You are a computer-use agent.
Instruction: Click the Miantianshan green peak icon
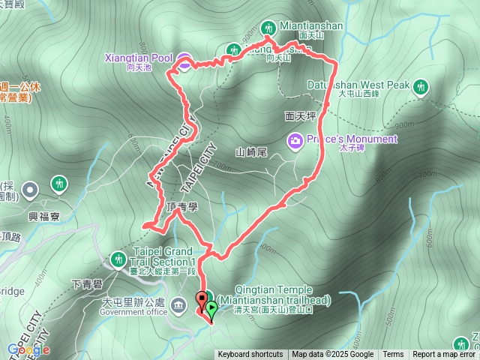pos(269,26)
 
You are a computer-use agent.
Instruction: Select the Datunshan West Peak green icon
pos(420,86)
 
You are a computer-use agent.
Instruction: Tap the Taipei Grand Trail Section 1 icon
pos(117,259)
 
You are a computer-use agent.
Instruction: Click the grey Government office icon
pos(179,304)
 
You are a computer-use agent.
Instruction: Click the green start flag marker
pos(211,308)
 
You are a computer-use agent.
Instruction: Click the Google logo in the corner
pos(28,349)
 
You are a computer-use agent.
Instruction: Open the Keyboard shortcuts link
pos(250,355)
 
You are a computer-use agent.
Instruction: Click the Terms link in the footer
pos(393,355)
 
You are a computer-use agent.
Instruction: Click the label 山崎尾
pos(250,151)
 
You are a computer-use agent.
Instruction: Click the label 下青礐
pos(88,286)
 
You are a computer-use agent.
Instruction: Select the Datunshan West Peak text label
pos(358,85)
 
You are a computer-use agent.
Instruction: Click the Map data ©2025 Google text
pos(332,355)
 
